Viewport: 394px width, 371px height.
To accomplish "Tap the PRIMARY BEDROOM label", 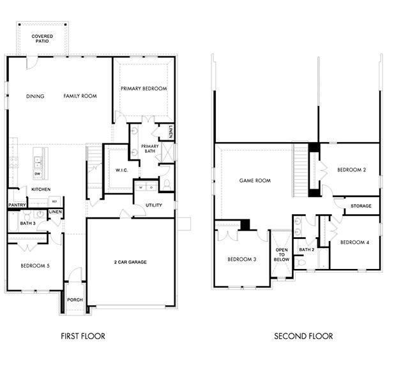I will [144, 89].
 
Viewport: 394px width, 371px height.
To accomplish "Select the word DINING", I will [35, 96].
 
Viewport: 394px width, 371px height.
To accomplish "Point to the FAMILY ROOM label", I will [80, 96].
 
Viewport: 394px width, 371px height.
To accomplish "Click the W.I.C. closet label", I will [122, 170].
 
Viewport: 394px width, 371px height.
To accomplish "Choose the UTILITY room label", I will [154, 206].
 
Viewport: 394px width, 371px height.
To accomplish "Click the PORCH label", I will [75, 299].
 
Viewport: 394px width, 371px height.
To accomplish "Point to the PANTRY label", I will [17, 205].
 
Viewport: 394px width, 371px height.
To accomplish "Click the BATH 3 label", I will [27, 224].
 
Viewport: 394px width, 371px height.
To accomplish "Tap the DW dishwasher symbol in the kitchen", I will [38, 174].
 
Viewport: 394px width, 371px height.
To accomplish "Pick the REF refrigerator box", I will [54, 200].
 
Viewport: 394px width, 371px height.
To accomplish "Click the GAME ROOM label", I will [255, 180].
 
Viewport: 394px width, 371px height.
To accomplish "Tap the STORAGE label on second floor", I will [361, 206].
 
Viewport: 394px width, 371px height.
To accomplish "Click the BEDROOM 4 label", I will [354, 242].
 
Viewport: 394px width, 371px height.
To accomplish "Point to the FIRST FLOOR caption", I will [83, 336].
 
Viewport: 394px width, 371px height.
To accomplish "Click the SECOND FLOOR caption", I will [303, 336].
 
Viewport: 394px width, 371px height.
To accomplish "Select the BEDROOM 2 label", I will [351, 170].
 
